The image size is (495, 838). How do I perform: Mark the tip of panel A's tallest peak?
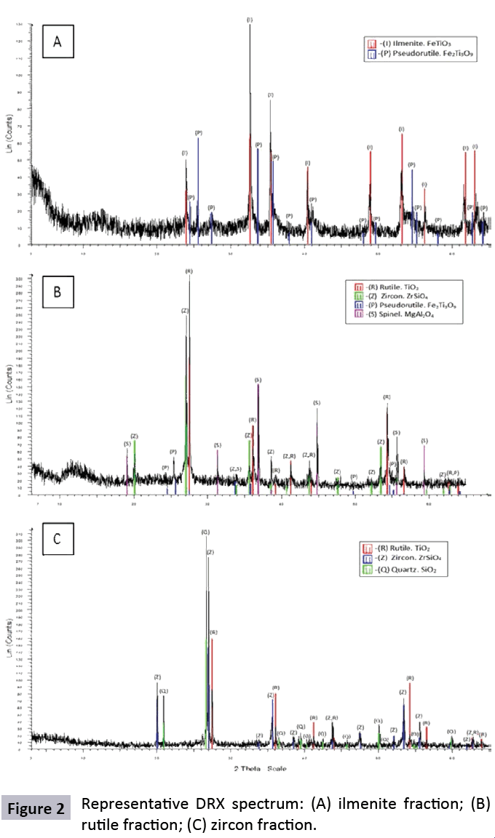(x=250, y=25)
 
